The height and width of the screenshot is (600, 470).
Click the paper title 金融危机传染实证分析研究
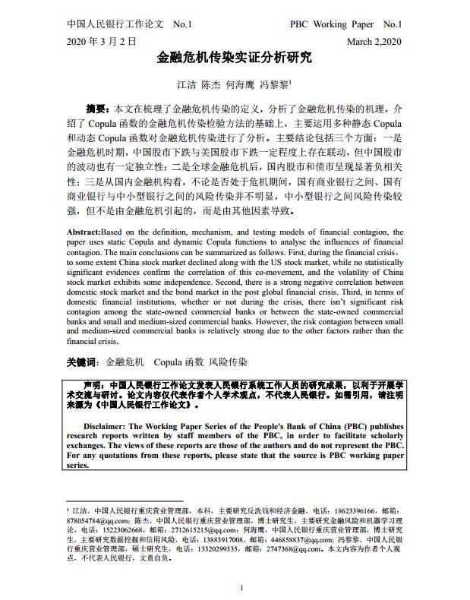click(234, 57)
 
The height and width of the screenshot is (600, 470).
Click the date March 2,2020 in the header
click(374, 40)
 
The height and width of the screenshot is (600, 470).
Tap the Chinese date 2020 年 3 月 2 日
click(102, 40)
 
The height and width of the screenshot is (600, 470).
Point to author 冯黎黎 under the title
click(276, 85)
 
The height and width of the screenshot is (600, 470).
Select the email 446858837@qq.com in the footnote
click(300, 540)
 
